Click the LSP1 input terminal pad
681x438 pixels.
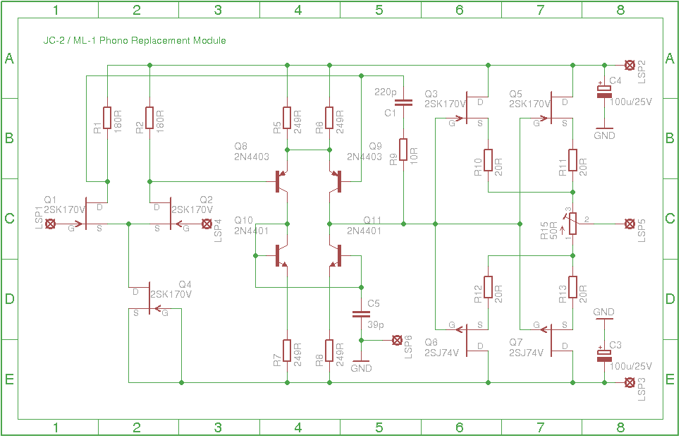click(50, 224)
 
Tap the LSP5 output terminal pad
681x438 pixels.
click(628, 224)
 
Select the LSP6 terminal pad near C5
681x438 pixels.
click(396, 340)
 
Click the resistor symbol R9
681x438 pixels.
click(403, 150)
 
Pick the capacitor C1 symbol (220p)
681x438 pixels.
click(403, 103)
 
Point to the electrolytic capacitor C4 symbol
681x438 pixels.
click(604, 91)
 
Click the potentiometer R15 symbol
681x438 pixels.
click(573, 224)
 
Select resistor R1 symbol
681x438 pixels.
click(107, 118)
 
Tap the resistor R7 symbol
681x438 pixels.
click(287, 351)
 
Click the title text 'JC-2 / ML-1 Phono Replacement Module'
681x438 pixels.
click(134, 41)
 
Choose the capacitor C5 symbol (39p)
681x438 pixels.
click(361, 314)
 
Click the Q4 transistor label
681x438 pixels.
click(185, 284)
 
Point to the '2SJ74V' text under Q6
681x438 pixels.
click(441, 353)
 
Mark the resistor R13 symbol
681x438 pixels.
click(573, 287)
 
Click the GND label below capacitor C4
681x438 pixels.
click(604, 135)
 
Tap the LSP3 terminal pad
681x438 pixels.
click(628, 382)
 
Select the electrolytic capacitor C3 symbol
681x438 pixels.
click(604, 355)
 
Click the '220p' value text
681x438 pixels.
click(386, 92)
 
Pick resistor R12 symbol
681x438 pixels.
click(488, 287)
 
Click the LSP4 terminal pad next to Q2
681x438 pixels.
click(207, 224)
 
